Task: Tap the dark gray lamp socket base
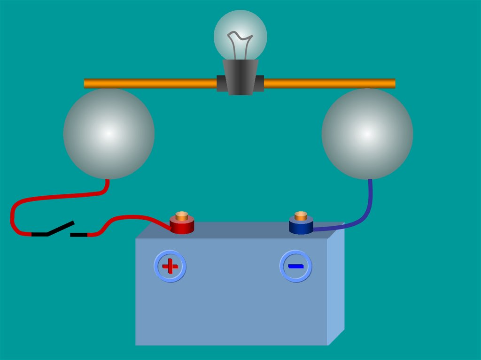240,77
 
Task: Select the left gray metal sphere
109,134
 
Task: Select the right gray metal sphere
367,134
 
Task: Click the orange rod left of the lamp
150,84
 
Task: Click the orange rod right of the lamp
329,84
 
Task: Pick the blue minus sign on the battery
296,266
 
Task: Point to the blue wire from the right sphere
366,211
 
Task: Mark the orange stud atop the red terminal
182,216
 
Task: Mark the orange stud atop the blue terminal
301,216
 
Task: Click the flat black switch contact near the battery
79,234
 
